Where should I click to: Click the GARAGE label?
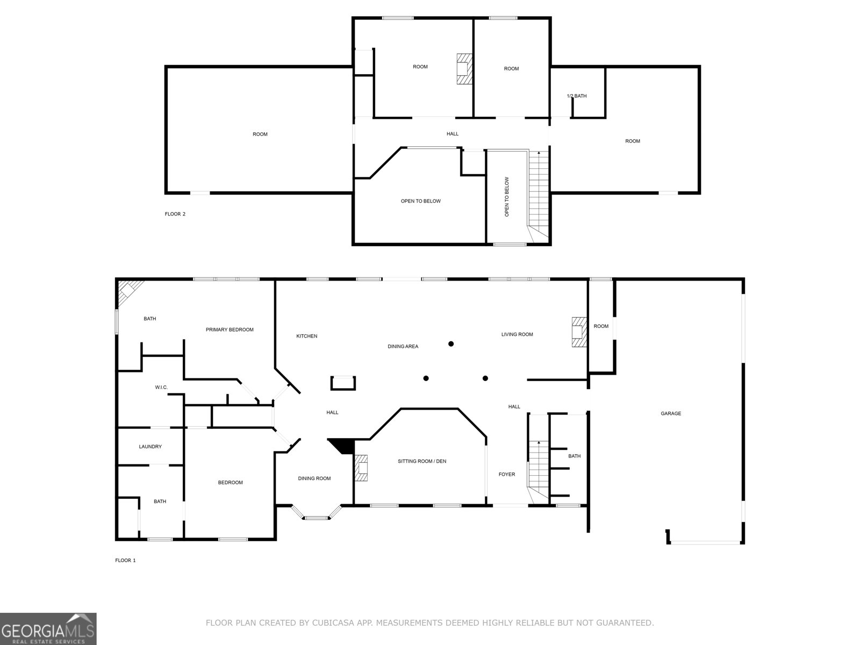coord(670,413)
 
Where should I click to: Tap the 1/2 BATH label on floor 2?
coord(576,96)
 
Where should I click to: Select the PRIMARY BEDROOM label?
coord(230,329)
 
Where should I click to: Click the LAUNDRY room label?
coord(150,447)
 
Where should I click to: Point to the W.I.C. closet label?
coord(161,387)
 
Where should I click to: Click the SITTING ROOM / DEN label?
coord(422,461)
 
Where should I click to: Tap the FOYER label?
coord(506,474)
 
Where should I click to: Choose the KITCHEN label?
coord(306,336)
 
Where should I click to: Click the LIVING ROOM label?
coord(517,334)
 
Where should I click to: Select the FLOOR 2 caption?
coord(175,214)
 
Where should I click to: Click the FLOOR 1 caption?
coord(125,560)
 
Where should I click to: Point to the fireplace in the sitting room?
coord(361,468)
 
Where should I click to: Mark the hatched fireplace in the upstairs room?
coord(463,68)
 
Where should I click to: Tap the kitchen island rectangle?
coord(343,383)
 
